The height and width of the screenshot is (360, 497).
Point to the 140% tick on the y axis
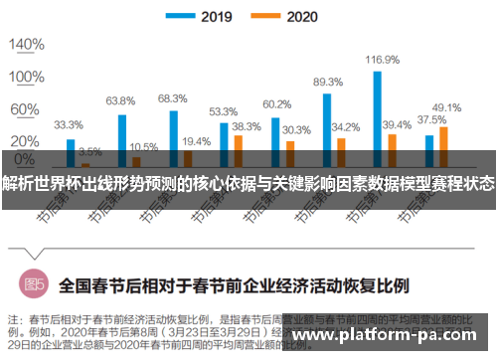point(23,45)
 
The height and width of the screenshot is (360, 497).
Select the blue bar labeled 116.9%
point(378,109)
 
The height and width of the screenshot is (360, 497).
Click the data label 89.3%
point(328,83)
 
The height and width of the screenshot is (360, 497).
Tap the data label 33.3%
point(69,125)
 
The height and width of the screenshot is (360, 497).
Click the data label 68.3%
point(172,98)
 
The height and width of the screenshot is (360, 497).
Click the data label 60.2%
point(276,104)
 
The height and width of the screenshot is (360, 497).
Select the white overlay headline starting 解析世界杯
point(248,185)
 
